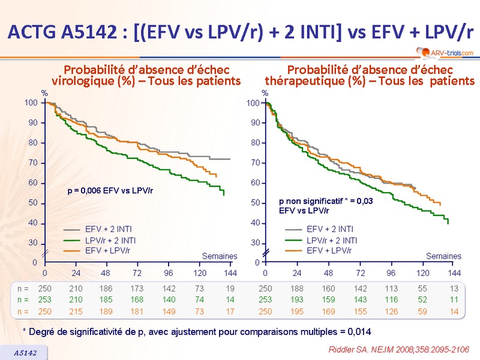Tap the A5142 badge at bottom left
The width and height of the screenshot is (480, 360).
25,353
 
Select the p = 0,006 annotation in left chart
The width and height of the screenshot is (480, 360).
110,191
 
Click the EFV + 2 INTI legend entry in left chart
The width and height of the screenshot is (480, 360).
109,229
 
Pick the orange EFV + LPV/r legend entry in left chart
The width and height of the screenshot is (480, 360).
109,250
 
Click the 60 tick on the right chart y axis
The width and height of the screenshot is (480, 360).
256,183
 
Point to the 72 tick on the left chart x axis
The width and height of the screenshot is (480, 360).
137,273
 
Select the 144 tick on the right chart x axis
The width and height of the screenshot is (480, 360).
454,273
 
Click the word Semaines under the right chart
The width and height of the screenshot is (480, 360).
443,256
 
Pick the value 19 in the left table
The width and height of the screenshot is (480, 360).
230,288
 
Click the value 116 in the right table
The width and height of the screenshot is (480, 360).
391,299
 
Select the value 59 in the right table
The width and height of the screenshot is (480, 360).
422,311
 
